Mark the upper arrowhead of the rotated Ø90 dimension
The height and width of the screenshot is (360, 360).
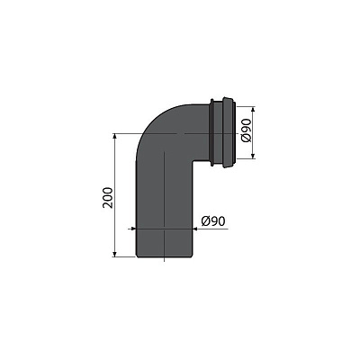[x=252, y=108]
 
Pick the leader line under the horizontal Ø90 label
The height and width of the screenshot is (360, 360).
[x=216, y=228]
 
